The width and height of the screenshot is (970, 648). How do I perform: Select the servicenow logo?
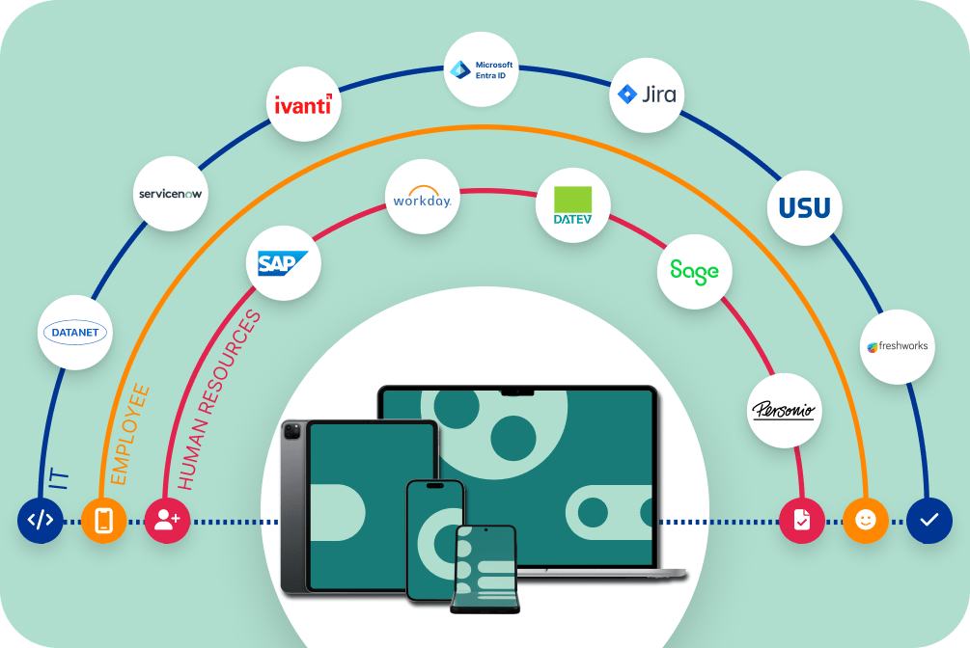point(172,193)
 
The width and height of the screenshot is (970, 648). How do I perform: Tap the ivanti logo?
point(302,104)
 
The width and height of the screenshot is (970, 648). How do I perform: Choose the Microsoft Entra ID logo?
point(481,69)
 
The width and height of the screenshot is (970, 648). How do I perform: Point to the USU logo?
point(804,206)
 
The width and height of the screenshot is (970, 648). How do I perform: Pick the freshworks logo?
point(898,346)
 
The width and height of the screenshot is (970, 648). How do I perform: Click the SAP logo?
point(283,262)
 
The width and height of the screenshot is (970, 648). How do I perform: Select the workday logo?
point(422,200)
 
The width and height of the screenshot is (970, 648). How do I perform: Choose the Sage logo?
point(694,270)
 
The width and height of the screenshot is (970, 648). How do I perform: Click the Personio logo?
point(784,411)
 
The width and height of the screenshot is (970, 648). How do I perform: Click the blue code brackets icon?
point(40,521)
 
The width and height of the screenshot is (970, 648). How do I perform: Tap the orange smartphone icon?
point(103,521)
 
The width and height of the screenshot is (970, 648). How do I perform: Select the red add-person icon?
point(166,521)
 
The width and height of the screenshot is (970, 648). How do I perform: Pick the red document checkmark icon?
point(801,521)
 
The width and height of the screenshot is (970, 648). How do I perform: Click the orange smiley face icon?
point(866,521)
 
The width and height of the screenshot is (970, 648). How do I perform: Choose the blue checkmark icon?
point(928,521)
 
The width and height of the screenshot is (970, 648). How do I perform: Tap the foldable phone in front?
point(485,569)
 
